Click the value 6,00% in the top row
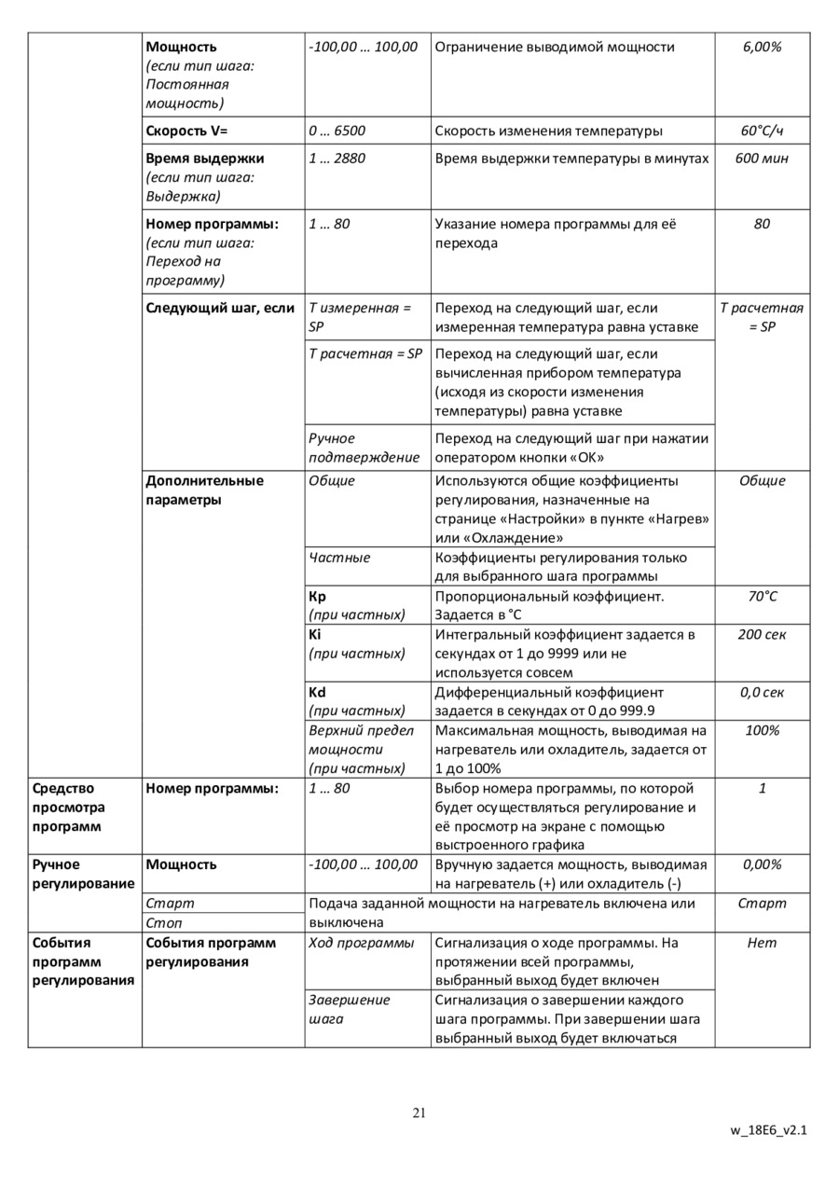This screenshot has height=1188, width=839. click(762, 47)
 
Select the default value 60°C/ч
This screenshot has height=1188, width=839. click(762, 131)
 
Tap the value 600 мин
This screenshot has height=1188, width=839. click(762, 159)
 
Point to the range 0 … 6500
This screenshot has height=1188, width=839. click(337, 131)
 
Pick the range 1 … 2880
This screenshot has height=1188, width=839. click(337, 159)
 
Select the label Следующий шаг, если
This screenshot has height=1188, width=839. click(220, 308)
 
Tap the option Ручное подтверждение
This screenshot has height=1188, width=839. click(364, 448)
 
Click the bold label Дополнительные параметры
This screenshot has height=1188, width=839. click(205, 490)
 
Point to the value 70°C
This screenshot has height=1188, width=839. click(762, 597)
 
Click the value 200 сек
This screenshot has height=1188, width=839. click(762, 635)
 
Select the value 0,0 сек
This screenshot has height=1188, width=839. click(762, 693)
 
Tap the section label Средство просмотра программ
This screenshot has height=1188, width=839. click(69, 808)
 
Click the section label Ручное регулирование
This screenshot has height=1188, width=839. click(83, 874)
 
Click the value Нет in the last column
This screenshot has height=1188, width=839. click(762, 943)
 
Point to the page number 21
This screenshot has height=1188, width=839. click(419, 1112)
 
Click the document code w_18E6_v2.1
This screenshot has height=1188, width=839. click(768, 1130)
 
